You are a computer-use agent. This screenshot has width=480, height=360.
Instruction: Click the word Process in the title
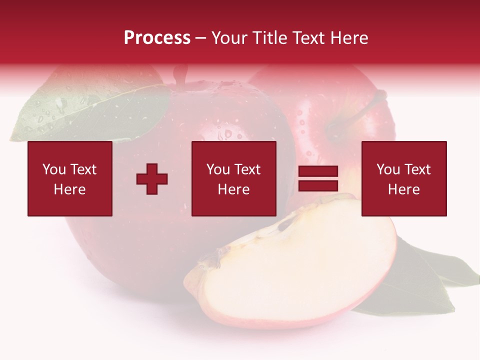pos(157,38)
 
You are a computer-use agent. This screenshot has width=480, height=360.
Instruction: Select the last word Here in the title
pos(349,38)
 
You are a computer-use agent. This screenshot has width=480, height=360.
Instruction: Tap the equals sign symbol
pos(318,179)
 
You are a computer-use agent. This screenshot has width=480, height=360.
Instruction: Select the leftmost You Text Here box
pos(70,178)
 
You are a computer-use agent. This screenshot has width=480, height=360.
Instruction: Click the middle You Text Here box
pos(234,178)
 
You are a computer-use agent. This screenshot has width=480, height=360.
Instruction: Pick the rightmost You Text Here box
pos(404,178)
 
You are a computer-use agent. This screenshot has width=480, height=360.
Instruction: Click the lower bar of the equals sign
pos(318,186)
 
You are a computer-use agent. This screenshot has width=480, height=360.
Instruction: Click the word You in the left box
pos(54,169)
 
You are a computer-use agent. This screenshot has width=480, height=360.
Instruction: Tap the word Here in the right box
pos(404,189)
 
